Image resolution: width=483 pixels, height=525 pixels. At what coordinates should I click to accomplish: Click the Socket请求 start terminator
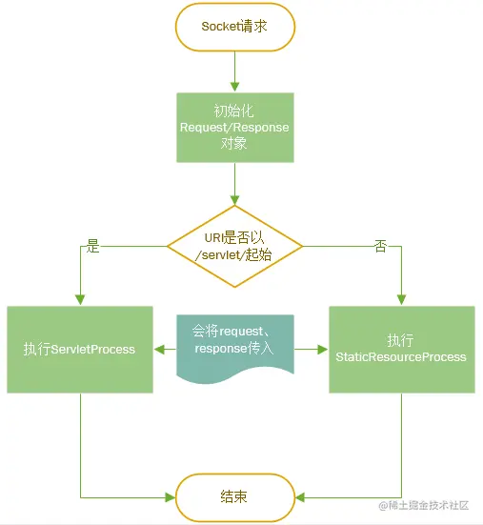pyautogui.click(x=235, y=27)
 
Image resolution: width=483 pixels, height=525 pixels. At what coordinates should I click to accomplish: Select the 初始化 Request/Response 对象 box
pyautogui.click(x=235, y=128)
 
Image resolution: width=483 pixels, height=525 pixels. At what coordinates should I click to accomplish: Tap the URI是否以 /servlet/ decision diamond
pyautogui.click(x=235, y=247)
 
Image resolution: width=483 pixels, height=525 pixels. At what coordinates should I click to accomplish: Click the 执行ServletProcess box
pyautogui.click(x=80, y=350)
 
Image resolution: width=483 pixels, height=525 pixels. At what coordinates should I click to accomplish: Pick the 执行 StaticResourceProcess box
pyautogui.click(x=402, y=350)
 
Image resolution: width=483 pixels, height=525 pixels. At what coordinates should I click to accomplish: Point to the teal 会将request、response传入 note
pyautogui.click(x=235, y=348)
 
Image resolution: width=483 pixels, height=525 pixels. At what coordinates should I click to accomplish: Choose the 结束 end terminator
pyautogui.click(x=235, y=497)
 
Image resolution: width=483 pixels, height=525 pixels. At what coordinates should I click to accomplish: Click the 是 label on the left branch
pyautogui.click(x=92, y=246)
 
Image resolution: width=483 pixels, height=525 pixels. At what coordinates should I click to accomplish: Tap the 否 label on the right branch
pyautogui.click(x=380, y=246)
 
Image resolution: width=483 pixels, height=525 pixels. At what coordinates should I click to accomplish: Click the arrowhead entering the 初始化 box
pyautogui.click(x=235, y=87)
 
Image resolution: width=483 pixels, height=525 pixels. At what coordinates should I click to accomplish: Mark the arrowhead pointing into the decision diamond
pyautogui.click(x=235, y=200)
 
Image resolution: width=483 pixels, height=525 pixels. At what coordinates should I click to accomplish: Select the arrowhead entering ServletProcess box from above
pyautogui.click(x=80, y=300)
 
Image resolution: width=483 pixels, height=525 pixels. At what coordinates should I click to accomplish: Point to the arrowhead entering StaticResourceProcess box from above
pyautogui.click(x=402, y=300)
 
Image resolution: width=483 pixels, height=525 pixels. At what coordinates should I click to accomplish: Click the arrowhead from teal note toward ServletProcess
pyautogui.click(x=159, y=350)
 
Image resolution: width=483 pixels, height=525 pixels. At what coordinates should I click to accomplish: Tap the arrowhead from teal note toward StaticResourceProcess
pyautogui.click(x=323, y=350)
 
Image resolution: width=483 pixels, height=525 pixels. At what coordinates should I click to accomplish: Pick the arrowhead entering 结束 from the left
pyautogui.click(x=171, y=497)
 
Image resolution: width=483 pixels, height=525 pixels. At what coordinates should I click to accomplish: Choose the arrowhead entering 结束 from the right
pyautogui.click(x=300, y=497)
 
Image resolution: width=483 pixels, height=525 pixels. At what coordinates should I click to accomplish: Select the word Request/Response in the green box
pyautogui.click(x=234, y=128)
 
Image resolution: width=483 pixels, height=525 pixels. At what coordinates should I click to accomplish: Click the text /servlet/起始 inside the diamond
pyautogui.click(x=233, y=255)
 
